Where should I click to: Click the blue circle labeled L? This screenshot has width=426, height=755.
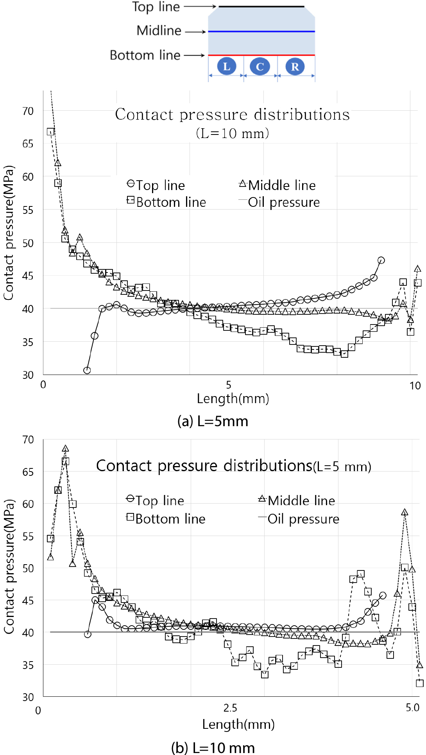227,66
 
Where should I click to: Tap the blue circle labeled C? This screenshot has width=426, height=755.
260,66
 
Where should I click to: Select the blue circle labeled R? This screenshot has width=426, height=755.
295,66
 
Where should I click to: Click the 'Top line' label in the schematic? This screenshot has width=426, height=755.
156,7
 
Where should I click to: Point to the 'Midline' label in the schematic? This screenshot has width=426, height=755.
159,30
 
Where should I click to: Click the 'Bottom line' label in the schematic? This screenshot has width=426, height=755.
145,55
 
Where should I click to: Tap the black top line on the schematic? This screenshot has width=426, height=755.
261,7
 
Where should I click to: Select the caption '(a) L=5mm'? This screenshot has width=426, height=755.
213,421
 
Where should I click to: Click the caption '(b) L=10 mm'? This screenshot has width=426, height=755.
213,748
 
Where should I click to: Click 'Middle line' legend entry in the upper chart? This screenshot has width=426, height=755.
281,185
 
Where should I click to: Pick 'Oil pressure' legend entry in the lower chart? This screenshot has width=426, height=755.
303,519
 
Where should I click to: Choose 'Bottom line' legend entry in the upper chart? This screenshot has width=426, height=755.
171,202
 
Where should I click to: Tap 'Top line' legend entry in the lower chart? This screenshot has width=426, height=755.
159,500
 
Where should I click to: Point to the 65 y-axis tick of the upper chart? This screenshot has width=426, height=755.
28,143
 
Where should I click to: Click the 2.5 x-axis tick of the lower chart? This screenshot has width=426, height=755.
230,708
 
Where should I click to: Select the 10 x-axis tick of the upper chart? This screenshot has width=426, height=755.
415,386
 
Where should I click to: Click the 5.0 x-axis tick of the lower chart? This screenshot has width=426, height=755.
412,707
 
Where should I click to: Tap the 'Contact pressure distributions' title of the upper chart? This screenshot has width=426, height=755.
232,115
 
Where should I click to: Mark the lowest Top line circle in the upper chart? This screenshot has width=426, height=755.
87,370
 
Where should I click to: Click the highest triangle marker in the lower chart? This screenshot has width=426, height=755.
66,448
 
